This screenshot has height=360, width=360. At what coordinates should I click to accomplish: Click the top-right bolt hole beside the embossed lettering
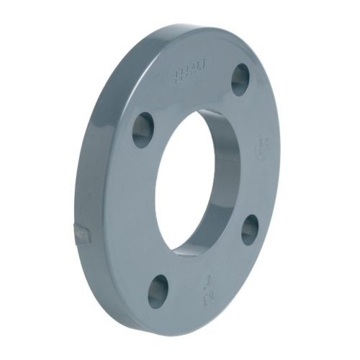pos(240,79)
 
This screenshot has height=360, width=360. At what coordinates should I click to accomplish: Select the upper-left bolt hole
pos(143,130)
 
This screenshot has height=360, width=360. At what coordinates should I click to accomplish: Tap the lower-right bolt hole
pos(250,230)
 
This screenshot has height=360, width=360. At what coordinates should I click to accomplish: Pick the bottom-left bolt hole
pos(158,292)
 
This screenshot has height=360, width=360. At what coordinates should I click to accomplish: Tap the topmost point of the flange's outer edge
pos(209,27)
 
